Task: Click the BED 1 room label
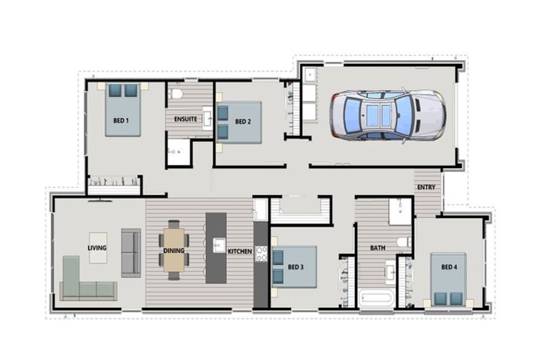point(121,121)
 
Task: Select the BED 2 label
point(243,122)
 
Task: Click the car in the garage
point(387,115)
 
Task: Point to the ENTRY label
point(426,188)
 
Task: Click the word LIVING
point(97,247)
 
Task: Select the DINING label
point(174,250)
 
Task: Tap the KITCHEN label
point(240,251)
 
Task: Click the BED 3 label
point(296,266)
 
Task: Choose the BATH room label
point(378,248)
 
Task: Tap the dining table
point(174,250)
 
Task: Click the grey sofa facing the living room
point(131,252)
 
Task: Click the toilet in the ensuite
point(176,94)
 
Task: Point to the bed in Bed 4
point(448,280)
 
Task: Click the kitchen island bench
point(216,247)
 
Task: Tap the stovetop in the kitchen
point(261,253)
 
